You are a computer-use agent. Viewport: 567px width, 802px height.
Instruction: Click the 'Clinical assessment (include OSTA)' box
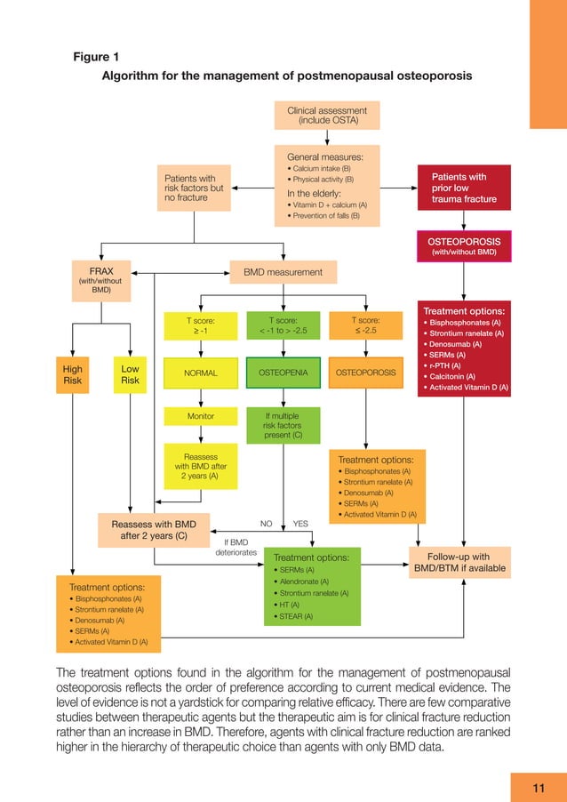(x=326, y=115)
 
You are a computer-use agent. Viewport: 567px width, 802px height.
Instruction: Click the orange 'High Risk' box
(x=71, y=373)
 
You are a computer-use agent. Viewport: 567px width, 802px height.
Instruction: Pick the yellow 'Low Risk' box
(x=130, y=373)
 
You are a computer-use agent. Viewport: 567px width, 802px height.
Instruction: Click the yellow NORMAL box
(x=200, y=373)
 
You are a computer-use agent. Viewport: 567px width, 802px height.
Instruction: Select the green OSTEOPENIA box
(x=283, y=373)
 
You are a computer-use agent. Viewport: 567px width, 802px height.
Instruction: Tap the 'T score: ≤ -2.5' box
(x=365, y=325)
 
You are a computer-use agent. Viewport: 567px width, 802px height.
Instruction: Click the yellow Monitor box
(x=200, y=416)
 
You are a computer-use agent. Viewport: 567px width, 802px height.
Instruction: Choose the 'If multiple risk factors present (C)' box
(x=283, y=425)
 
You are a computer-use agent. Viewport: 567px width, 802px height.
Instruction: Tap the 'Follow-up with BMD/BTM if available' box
(x=459, y=563)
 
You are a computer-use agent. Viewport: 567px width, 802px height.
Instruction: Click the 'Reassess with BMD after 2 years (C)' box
(x=154, y=530)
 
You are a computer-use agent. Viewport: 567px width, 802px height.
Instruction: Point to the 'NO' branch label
(x=265, y=524)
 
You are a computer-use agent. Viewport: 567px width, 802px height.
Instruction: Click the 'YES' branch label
(x=300, y=524)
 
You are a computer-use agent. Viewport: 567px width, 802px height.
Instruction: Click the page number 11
(x=538, y=786)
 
